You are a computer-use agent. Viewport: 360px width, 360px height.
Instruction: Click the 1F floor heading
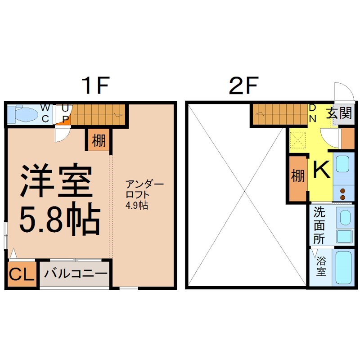(96, 85)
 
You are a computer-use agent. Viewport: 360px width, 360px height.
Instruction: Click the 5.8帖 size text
(58, 220)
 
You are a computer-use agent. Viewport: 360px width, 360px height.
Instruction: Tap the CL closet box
(21, 274)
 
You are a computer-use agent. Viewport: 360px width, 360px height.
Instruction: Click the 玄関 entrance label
(338, 112)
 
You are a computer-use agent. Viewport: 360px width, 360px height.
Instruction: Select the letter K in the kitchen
(321, 169)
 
